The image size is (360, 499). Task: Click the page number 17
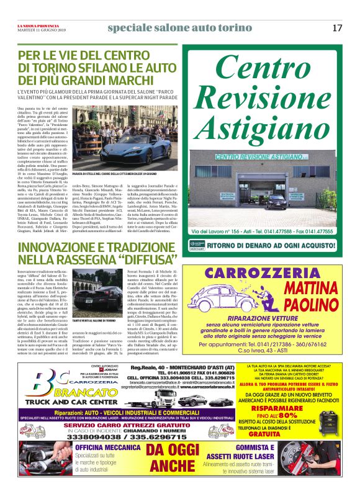[x=337, y=28]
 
